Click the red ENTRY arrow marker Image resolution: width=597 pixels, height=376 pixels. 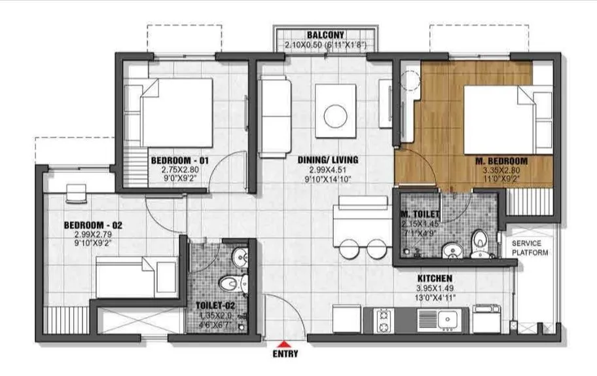click(x=283, y=344)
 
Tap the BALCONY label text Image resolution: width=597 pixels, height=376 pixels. click(x=325, y=35)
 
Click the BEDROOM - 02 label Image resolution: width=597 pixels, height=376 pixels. click(x=92, y=225)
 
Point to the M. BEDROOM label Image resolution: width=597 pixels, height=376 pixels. click(x=502, y=160)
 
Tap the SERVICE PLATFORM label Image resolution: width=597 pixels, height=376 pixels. click(x=530, y=248)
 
